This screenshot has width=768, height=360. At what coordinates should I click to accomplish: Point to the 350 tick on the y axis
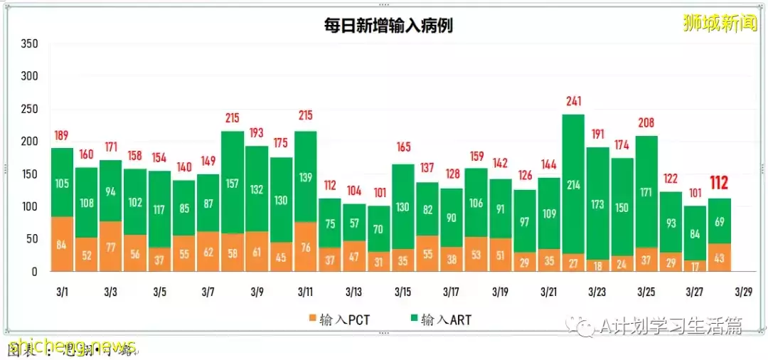tap(29, 44)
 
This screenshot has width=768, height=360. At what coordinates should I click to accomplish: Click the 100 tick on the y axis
tap(29, 207)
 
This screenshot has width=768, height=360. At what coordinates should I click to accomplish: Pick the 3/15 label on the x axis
tap(402, 292)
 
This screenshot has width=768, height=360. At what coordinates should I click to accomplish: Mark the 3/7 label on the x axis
tap(208, 292)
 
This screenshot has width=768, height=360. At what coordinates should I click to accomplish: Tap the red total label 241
tap(573, 101)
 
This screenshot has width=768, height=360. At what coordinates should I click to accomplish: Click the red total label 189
tap(63, 135)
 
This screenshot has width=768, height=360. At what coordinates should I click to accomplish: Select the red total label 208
tap(646, 122)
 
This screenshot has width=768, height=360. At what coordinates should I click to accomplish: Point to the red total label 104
tap(354, 191)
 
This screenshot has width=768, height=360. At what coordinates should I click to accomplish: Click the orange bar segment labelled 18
tap(597, 265)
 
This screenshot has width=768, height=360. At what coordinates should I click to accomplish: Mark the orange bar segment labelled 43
tap(720, 258)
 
